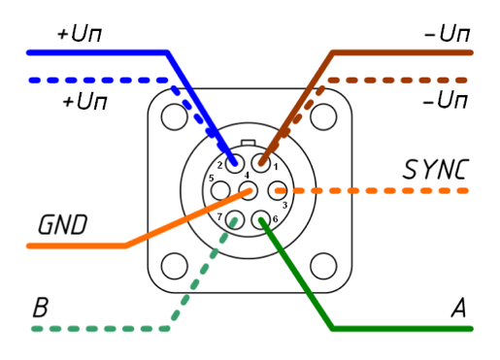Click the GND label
(x=63, y=224)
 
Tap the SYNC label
(x=436, y=169)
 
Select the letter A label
(x=458, y=308)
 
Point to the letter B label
(x=41, y=307)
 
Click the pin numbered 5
(x=220, y=190)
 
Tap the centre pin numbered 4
(x=248, y=190)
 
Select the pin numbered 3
(x=278, y=190)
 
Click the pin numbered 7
(x=235, y=219)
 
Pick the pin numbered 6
(x=261, y=219)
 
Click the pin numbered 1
(x=261, y=163)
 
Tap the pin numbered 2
(x=235, y=164)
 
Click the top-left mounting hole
(x=174, y=116)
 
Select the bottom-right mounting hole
(x=323, y=266)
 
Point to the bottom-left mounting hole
(x=174, y=266)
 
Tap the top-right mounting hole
(x=323, y=116)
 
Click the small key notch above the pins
(x=249, y=143)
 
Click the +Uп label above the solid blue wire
(x=80, y=34)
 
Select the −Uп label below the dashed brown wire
(x=446, y=100)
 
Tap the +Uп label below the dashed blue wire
(x=84, y=101)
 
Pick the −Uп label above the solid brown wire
(x=447, y=34)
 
